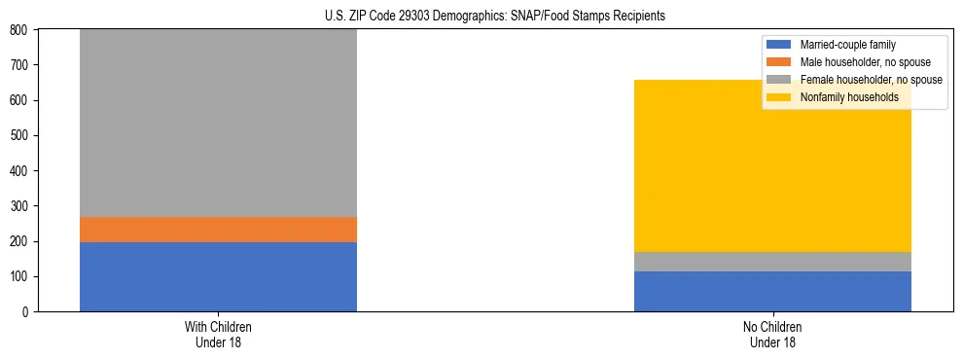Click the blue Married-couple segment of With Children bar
point(218,276)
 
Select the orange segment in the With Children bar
point(218,229)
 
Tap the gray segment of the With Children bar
point(218,123)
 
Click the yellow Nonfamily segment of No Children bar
point(772,165)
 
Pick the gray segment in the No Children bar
point(772,262)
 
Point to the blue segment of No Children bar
point(772,291)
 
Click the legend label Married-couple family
point(847,45)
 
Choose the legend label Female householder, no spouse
point(871,80)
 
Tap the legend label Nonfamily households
point(848,97)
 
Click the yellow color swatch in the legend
point(779,97)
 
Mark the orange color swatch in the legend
point(779,62)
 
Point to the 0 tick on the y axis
point(27,312)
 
